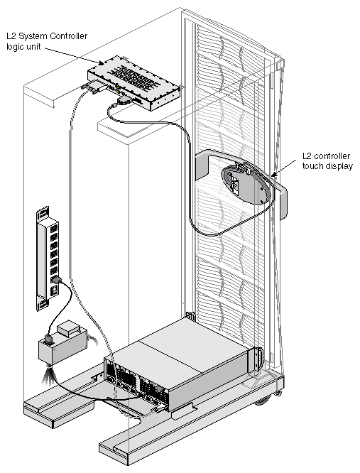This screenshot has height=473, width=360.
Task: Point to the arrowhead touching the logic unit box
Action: tap(102, 62)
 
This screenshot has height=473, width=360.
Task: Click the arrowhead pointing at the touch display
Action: tap(273, 175)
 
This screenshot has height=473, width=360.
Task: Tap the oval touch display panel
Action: tap(245, 184)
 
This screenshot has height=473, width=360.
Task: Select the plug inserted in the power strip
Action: tap(56, 280)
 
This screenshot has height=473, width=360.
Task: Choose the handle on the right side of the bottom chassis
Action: tap(259, 359)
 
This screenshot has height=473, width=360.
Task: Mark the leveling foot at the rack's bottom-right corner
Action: tap(278, 393)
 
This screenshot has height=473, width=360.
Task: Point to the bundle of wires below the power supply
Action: tap(48, 374)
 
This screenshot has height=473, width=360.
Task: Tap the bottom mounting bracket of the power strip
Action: tap(42, 305)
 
